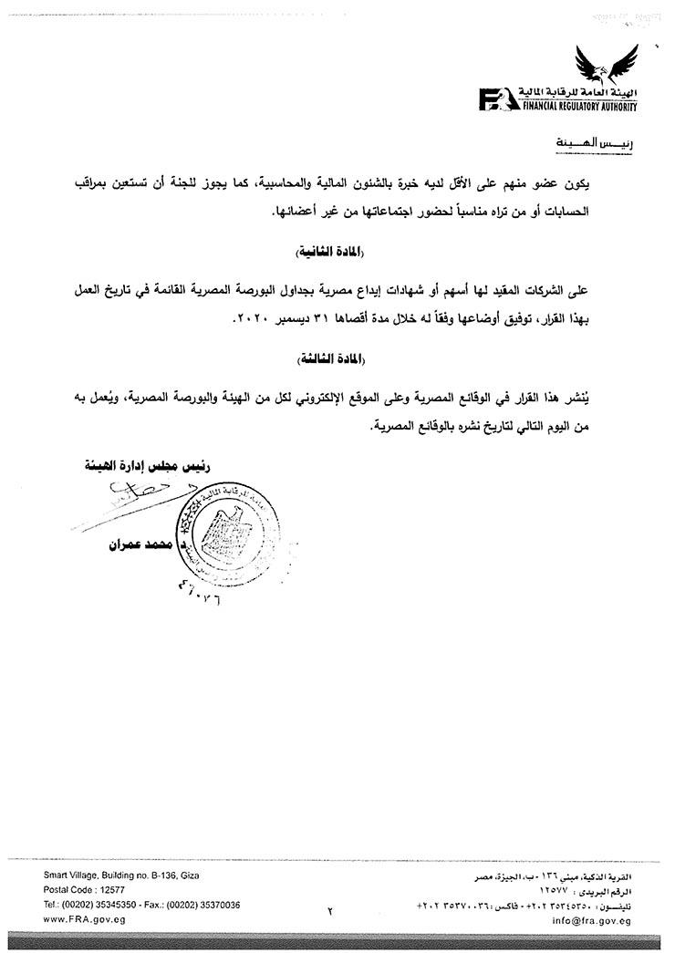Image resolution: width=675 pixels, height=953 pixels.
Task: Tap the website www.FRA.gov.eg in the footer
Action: pos(85,919)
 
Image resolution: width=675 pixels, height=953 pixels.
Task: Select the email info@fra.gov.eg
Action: pos(591,919)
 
